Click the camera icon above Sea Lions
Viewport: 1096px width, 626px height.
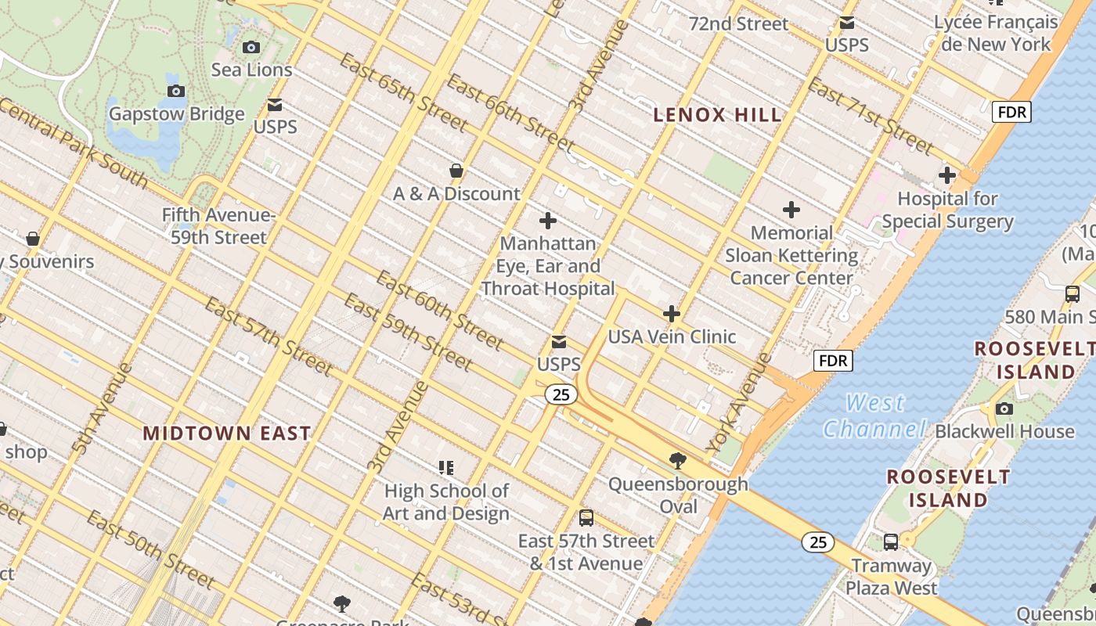click(x=251, y=47)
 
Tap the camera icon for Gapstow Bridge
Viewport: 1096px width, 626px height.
click(x=176, y=92)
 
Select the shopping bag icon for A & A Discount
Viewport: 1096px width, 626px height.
click(x=456, y=171)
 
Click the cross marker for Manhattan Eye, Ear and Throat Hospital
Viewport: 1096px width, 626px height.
click(x=548, y=221)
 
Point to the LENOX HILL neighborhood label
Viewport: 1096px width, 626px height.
click(x=717, y=115)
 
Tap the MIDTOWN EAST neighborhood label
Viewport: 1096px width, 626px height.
click(x=227, y=433)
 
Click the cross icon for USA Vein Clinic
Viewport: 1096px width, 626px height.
click(x=672, y=314)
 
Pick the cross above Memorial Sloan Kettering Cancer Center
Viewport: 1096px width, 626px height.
click(x=791, y=210)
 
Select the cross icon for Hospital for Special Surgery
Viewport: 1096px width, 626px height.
click(x=947, y=175)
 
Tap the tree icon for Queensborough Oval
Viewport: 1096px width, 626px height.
click(x=678, y=461)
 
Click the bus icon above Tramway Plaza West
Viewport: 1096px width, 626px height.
click(x=890, y=541)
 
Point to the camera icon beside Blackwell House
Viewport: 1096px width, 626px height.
click(x=1004, y=408)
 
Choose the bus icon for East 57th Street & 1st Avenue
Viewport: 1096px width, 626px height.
click(x=586, y=517)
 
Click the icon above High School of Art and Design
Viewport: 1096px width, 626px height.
click(x=446, y=468)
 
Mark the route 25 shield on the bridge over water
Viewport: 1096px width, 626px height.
click(x=818, y=541)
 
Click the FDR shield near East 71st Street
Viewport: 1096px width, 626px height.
click(x=1011, y=112)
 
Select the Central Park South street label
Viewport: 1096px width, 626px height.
click(x=74, y=144)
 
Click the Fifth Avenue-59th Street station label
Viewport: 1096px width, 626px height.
click(x=219, y=226)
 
